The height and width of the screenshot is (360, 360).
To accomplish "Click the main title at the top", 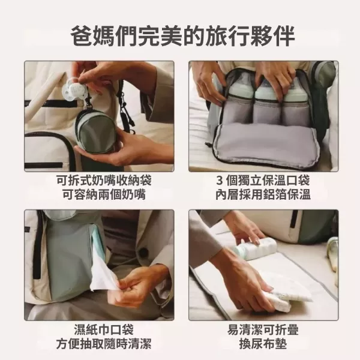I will point(180,34).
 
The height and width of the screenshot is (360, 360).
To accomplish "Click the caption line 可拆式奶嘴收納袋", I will point(99,181).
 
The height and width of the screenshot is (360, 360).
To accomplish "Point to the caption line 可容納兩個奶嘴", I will point(99,195).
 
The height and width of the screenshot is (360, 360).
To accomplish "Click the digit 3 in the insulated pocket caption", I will point(220,181).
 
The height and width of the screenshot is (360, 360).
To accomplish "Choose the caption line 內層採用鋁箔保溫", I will point(263,195).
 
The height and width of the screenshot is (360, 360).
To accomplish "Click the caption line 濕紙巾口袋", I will point(99,330).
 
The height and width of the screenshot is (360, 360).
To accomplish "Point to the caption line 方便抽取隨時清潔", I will point(99,344).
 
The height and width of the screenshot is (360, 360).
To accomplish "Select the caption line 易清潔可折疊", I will point(263,330).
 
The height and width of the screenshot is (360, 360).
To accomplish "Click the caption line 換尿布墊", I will point(263,344).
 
